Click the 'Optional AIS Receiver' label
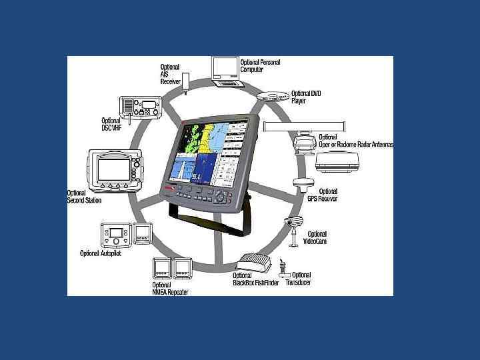point(170,74)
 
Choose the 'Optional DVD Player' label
point(306,97)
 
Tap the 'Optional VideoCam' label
point(315,237)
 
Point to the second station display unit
point(115,168)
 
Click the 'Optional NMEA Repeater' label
point(170,289)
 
